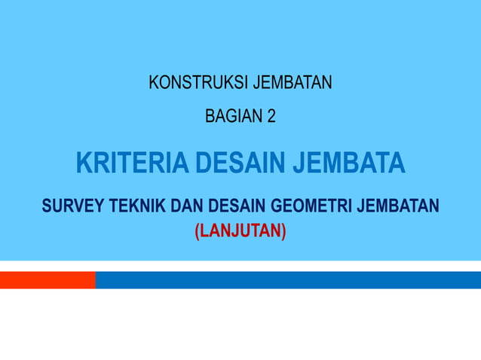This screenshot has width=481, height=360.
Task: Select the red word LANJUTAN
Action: (x=240, y=229)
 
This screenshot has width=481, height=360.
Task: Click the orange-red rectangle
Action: (x=47, y=280)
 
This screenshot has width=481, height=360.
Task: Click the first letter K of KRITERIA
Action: (x=84, y=163)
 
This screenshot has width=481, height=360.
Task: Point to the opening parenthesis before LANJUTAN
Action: (x=198, y=230)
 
